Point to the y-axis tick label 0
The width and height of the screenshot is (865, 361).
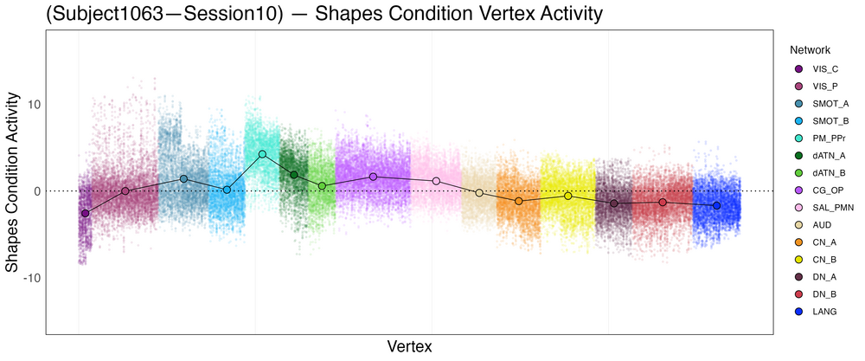pos(35,191)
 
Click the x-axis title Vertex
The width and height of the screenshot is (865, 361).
pos(409,346)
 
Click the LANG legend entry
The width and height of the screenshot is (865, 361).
pos(813,311)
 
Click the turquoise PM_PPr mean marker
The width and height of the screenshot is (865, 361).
pos(262,154)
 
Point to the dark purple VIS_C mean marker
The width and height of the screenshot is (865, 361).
pos(85,213)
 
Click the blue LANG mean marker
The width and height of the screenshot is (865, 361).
pos(716,206)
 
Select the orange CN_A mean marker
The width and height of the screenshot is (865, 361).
pos(519,201)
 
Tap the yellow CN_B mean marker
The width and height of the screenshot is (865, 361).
pos(568,197)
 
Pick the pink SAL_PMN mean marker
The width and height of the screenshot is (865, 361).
pos(436,181)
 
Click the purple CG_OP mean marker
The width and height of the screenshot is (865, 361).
pos(373,177)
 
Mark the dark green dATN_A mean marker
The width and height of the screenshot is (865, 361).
pos(294,175)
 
